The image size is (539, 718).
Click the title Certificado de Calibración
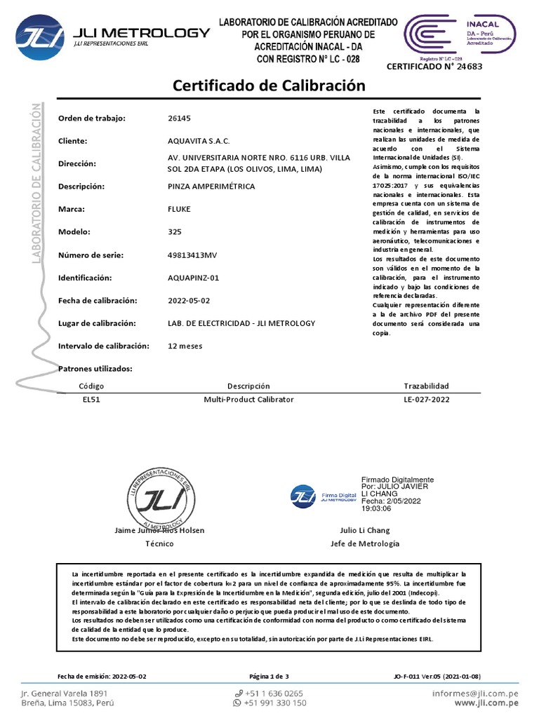(x=269, y=86)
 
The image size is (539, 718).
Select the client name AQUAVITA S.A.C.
(x=199, y=141)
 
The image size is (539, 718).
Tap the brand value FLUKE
(x=180, y=209)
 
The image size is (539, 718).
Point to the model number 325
(x=175, y=232)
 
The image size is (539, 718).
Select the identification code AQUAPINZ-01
(x=194, y=278)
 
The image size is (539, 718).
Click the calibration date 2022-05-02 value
(x=189, y=300)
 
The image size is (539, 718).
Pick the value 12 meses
(x=185, y=346)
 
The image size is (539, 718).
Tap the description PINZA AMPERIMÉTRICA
(x=212, y=187)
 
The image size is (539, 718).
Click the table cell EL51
(x=92, y=399)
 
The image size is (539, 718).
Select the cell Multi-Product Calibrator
(x=248, y=399)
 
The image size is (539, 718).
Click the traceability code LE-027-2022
(x=426, y=399)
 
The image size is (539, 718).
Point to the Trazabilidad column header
(x=426, y=386)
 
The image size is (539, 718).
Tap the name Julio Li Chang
(x=364, y=530)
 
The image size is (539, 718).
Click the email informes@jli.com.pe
(x=474, y=692)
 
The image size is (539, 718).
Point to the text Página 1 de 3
(x=269, y=676)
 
